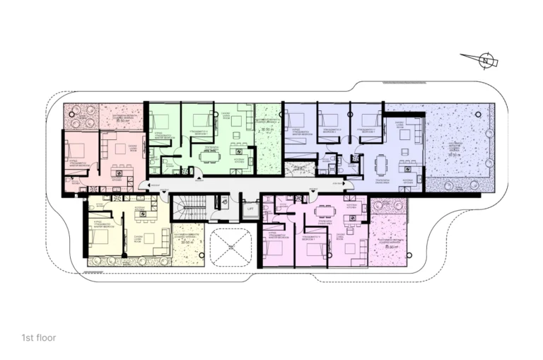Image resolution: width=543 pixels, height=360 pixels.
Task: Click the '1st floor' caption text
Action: [x=38, y=338]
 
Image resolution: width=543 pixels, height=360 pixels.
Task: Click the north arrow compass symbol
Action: [x=485, y=61]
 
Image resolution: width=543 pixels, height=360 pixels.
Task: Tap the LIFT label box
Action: [x=250, y=210]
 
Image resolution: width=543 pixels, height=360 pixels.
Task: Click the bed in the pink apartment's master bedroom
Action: [x=74, y=150]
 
